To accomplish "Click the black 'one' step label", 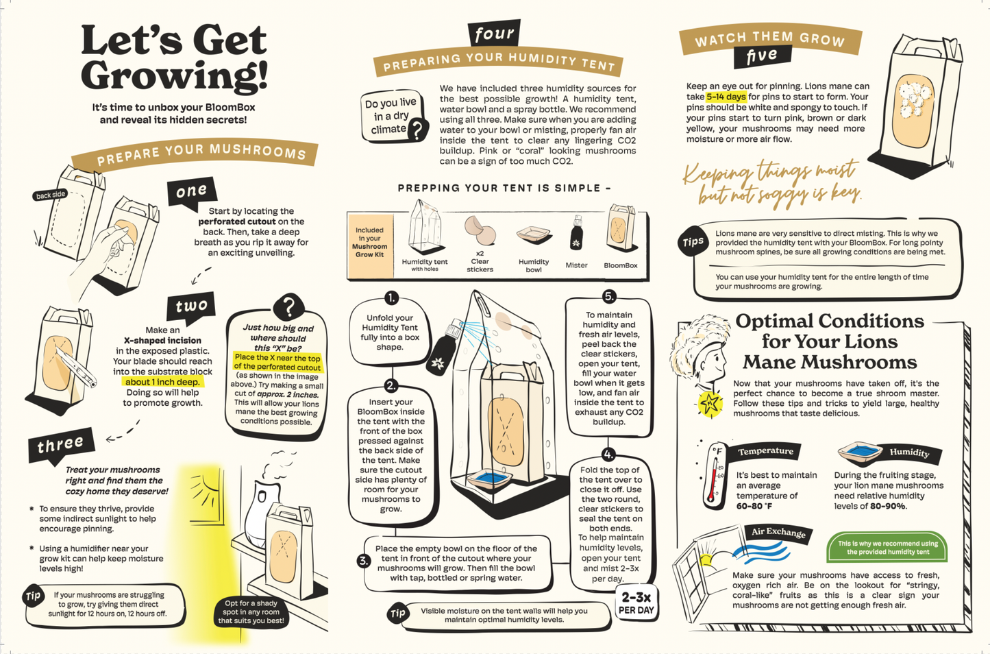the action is [x=192, y=192].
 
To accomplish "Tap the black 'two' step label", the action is [x=191, y=306].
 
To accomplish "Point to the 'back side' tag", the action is [x=51, y=195].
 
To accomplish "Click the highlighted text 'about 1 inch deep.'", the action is [x=162, y=382].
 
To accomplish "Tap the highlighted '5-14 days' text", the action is [x=726, y=97].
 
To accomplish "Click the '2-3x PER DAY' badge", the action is [x=636, y=603].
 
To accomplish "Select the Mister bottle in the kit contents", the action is [x=576, y=233].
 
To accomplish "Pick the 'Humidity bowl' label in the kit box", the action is [x=534, y=265].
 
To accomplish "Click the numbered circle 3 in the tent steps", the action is [x=363, y=561].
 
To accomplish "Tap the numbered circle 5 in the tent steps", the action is [x=609, y=296].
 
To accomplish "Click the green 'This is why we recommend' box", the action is [x=887, y=548].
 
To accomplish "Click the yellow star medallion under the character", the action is [x=710, y=403].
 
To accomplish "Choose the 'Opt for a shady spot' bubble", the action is [x=251, y=612].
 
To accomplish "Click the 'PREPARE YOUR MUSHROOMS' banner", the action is [x=195, y=155].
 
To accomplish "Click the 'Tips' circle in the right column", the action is [x=693, y=242].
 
